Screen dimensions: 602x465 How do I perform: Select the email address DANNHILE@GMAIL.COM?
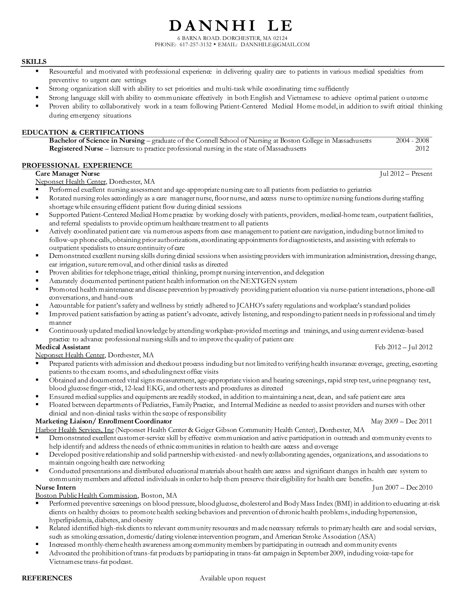[275, 44]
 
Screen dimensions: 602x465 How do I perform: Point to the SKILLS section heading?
[34, 62]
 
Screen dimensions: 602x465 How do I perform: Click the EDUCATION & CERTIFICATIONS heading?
[83, 132]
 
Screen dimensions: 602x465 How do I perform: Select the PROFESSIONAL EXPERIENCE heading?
[77, 165]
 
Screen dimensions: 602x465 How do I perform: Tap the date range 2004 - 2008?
[412, 141]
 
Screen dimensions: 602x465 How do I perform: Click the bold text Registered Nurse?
[76, 149]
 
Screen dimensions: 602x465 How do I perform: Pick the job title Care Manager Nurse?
[67, 174]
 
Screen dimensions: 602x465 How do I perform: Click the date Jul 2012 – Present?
[406, 174]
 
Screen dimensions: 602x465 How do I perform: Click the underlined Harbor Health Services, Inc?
[75, 430]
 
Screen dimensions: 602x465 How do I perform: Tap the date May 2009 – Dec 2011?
[401, 421]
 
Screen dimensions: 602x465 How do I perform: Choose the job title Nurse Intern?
[56, 487]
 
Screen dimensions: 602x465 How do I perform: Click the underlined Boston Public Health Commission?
[86, 496]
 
